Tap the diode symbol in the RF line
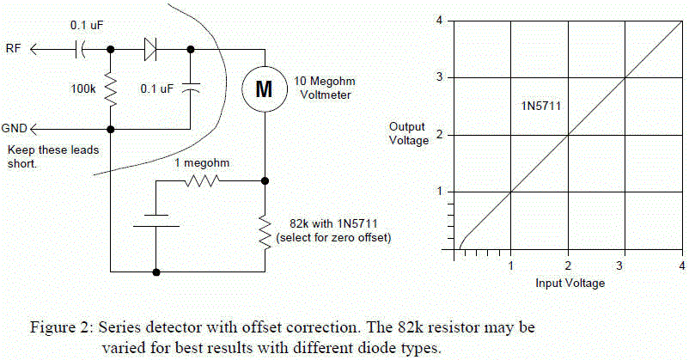click(x=150, y=49)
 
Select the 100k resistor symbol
click(x=111, y=88)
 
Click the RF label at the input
click(x=14, y=49)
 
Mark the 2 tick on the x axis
click(x=568, y=265)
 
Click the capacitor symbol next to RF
click(x=83, y=49)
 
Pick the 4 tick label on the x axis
click(x=681, y=265)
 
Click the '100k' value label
click(x=83, y=88)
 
